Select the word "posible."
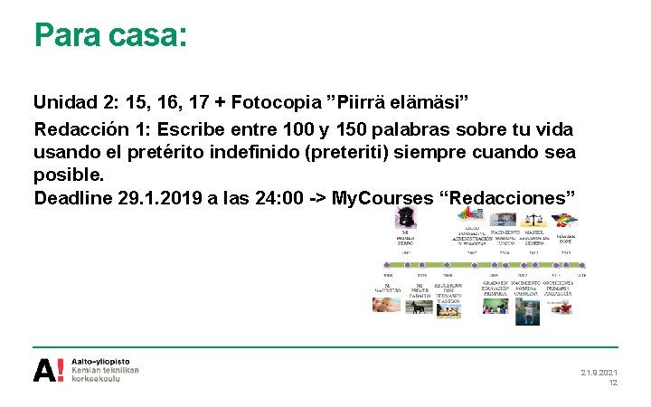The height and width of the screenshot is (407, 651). pyautogui.click(x=70, y=174)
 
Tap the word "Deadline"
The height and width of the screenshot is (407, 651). pyautogui.click(x=73, y=197)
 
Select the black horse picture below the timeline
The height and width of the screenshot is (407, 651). pyautogui.click(x=420, y=308)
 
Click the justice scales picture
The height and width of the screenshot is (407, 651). pyautogui.click(x=534, y=219)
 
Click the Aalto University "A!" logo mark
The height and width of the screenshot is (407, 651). pyautogui.click(x=48, y=370)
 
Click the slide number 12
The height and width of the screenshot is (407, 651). pyautogui.click(x=612, y=383)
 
